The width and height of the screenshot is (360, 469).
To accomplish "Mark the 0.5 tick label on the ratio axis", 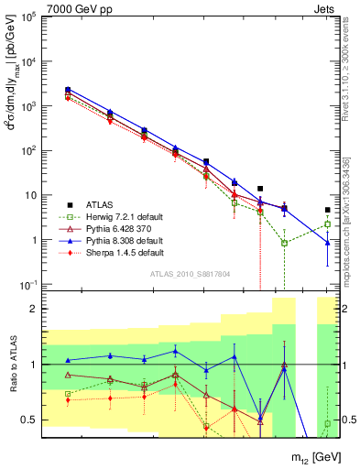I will [28, 420].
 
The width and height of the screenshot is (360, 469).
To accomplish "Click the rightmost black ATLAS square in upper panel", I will [328, 210].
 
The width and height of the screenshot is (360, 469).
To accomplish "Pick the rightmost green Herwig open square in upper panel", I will [328, 224].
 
